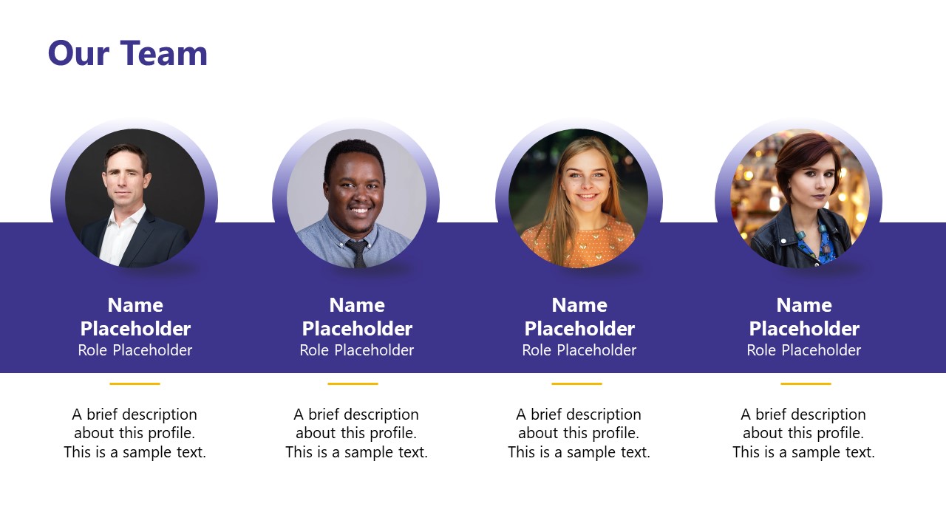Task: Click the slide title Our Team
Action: click(x=127, y=53)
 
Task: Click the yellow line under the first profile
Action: click(x=135, y=383)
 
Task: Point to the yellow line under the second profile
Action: click(x=353, y=383)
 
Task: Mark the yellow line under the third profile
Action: click(x=576, y=383)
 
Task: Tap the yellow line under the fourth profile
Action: click(x=806, y=383)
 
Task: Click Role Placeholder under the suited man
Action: click(x=135, y=350)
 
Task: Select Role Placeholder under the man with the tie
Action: click(x=356, y=350)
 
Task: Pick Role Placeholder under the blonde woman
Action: click(x=579, y=350)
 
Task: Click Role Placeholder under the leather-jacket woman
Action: click(x=803, y=350)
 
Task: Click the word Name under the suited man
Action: click(x=135, y=305)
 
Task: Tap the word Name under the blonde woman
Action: click(x=579, y=305)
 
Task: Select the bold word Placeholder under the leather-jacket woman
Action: click(x=804, y=329)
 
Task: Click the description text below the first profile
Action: click(x=135, y=433)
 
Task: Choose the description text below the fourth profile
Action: click(x=803, y=433)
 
